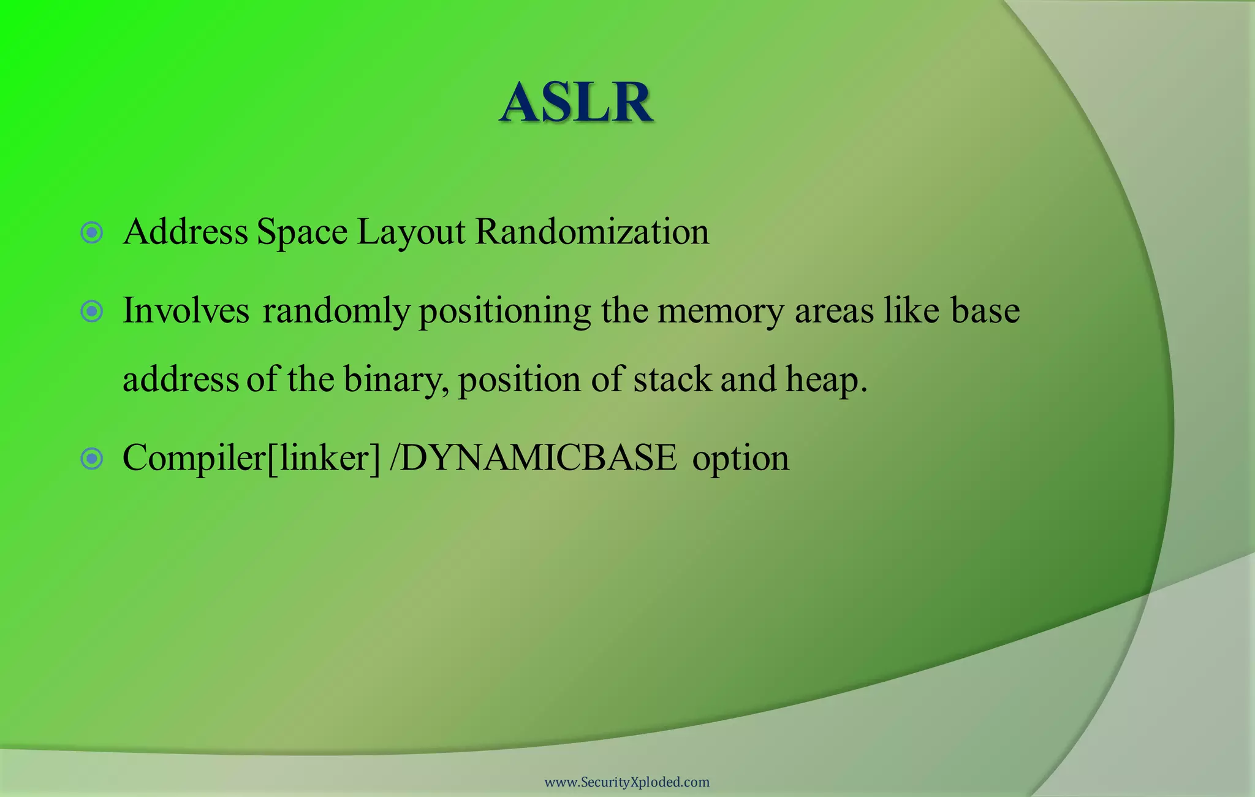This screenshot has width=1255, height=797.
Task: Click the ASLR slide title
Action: click(x=576, y=102)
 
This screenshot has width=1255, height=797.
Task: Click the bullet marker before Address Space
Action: click(x=92, y=232)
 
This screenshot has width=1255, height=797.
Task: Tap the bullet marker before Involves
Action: click(x=92, y=311)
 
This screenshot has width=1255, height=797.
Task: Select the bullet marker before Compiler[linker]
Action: click(x=92, y=458)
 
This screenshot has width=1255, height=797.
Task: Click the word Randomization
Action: click(x=592, y=232)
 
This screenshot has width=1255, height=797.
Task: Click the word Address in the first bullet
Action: click(x=185, y=232)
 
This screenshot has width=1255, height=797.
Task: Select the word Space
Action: click(x=302, y=233)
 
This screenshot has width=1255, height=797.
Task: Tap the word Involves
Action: click(x=186, y=310)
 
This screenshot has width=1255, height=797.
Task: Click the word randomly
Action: click(x=336, y=311)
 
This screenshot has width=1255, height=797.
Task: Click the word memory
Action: click(x=720, y=311)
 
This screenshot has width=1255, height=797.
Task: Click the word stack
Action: click(x=672, y=379)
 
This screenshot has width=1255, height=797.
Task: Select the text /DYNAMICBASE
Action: click(x=533, y=457)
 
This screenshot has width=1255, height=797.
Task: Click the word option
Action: click(x=740, y=459)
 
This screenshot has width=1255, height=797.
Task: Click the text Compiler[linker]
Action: click(x=251, y=458)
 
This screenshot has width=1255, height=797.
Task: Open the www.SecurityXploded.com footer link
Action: click(x=627, y=782)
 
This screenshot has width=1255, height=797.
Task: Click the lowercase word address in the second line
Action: click(x=180, y=379)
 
